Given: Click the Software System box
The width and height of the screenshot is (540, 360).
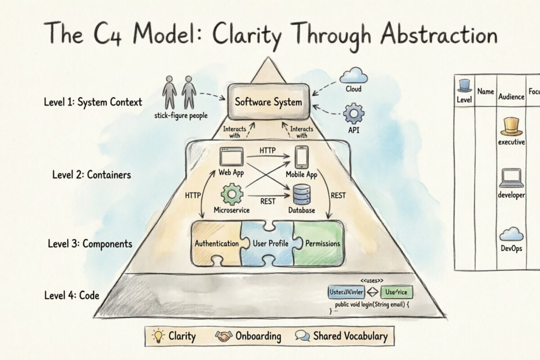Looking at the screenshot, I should [268, 102].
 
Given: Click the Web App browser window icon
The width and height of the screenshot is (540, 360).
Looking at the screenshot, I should [231, 157].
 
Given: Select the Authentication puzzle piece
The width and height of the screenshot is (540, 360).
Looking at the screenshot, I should [216, 243].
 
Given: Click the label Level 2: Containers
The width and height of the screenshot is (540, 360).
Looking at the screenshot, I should [91, 174].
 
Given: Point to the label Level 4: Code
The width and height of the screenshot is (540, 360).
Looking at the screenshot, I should [72, 296].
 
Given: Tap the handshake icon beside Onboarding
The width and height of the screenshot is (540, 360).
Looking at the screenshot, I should [224, 336].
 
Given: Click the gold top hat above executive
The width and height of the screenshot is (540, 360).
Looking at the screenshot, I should [511, 126].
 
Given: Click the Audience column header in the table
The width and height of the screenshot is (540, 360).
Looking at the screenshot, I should [511, 96].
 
